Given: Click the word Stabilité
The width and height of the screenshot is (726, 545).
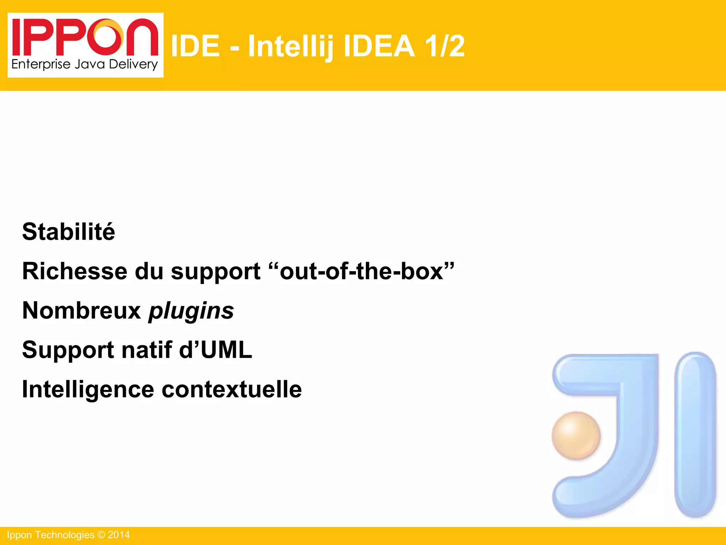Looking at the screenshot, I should tap(68, 232).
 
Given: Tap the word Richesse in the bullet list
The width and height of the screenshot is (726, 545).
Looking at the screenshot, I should tap(74, 271).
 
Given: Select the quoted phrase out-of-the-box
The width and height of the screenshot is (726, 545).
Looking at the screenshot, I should tap(362, 271).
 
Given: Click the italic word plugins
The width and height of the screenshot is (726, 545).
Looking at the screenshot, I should tap(191, 311).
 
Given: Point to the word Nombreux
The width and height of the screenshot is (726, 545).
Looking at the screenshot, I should tap(82, 311).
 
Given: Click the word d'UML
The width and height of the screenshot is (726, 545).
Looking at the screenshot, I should tap(216, 350).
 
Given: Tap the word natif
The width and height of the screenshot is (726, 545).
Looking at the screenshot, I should tap(147, 350).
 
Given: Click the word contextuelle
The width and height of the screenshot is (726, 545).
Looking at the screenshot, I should tap(232, 390).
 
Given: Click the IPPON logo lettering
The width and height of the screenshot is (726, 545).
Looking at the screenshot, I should tap(85, 38).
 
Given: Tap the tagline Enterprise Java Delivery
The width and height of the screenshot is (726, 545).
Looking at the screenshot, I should tap(84, 65).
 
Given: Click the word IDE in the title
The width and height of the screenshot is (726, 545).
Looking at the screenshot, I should tap(195, 46).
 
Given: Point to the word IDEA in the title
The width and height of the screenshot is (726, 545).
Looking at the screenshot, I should tap(379, 46).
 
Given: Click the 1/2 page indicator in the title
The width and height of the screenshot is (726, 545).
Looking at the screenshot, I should tap(445, 46).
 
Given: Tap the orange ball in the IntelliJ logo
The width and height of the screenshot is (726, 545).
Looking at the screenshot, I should tap(576, 436).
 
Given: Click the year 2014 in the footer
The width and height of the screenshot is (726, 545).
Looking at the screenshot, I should tap(119, 535).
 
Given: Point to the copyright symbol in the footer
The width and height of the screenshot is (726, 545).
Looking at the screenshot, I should tap(101, 535).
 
